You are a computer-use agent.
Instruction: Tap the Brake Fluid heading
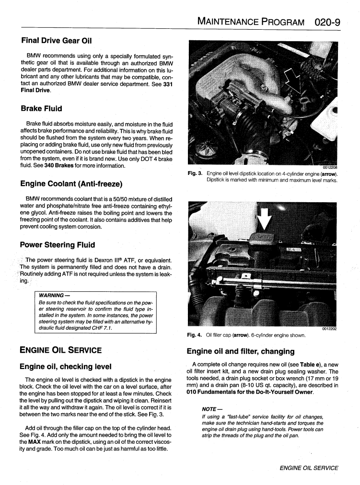pos(41,108)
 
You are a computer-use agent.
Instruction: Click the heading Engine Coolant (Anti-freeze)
pos(71,184)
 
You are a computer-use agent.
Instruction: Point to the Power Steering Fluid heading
pos(58,245)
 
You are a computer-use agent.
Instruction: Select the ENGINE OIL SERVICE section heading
pos(60,350)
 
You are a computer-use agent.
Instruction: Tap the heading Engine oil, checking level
pos(65,367)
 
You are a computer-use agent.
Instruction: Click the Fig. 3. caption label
pos(195,173)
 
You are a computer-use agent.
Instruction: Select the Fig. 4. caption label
pos(195,335)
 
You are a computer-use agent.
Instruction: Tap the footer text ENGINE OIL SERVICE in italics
pos(309,468)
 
